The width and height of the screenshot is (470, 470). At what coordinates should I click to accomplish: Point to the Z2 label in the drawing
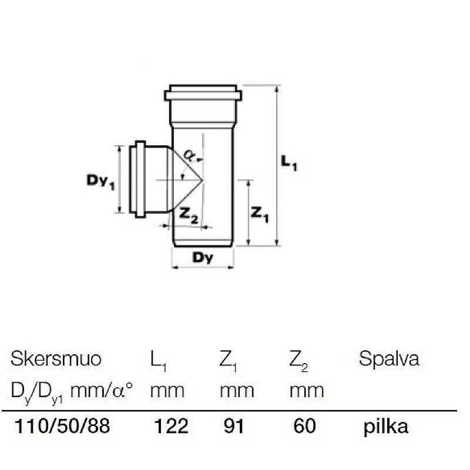point(189,217)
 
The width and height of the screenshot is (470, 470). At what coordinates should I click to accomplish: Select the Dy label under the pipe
point(202,257)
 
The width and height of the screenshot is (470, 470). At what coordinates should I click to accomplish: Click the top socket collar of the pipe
point(203,94)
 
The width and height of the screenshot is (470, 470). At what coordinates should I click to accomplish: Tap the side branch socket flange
point(140,179)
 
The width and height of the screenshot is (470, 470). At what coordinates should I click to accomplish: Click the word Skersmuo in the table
point(56,359)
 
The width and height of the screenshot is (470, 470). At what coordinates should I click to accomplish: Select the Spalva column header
point(389,359)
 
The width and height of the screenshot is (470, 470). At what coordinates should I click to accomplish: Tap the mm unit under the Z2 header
point(307,390)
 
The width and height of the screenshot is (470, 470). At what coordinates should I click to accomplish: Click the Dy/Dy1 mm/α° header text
point(73,390)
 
